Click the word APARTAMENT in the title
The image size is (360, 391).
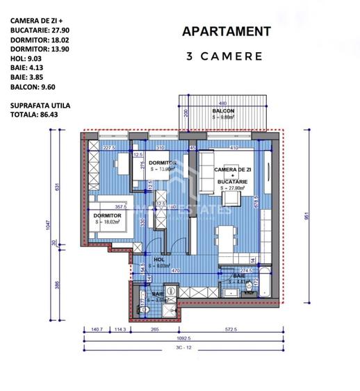point(226,31)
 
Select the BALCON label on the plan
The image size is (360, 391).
point(223,110)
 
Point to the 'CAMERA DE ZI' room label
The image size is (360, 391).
point(234,170)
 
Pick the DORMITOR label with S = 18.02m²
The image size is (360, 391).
point(107,216)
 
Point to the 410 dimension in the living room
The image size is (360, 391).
point(236,148)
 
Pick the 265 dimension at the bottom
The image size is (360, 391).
point(155,331)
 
